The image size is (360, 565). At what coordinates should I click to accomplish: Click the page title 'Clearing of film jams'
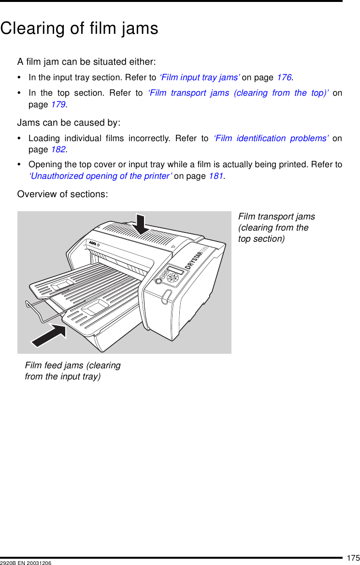pyautogui.click(x=79, y=29)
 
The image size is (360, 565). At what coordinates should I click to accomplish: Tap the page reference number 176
pyautogui.click(x=284, y=77)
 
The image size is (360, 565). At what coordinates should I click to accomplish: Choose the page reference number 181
pyautogui.click(x=216, y=176)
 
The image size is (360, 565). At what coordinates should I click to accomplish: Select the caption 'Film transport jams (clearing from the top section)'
pyautogui.click(x=276, y=228)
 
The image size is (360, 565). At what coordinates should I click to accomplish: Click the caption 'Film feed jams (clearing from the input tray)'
pyautogui.click(x=72, y=371)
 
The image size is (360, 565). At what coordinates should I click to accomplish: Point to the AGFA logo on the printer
pyautogui.click(x=93, y=243)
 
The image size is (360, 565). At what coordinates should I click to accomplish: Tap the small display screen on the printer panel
pyautogui.click(x=175, y=270)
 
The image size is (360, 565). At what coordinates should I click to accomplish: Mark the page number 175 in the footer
pyautogui.click(x=353, y=558)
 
